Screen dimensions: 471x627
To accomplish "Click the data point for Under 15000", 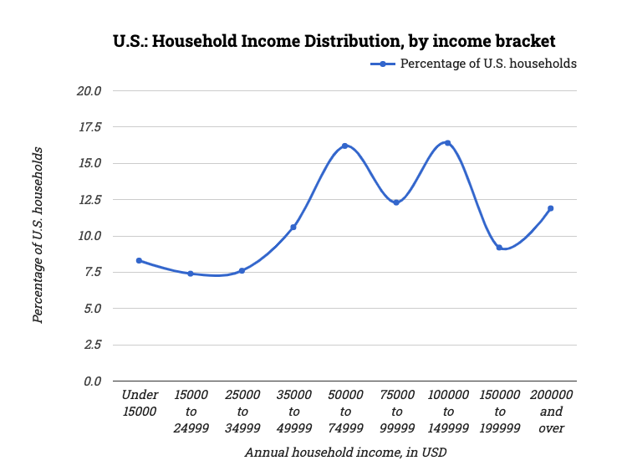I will click(139, 260).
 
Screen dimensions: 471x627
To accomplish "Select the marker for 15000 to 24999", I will click(191, 274).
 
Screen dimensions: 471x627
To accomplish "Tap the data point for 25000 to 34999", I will click(242, 270).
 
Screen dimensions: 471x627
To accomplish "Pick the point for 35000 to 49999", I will click(293, 227).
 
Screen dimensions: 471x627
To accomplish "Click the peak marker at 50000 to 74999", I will click(344, 146).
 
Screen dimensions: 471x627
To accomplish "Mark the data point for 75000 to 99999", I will click(396, 202).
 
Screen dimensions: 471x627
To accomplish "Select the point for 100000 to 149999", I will click(447, 143).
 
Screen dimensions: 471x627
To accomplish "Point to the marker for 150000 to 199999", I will click(499, 248).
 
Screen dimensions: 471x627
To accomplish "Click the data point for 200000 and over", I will click(551, 208).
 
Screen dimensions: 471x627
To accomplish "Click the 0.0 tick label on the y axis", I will click(90, 381).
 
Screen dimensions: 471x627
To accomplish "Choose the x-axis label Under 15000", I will click(139, 403).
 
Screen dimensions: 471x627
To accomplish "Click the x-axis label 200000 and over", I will click(551, 412).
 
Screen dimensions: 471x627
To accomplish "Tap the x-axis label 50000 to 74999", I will click(344, 412).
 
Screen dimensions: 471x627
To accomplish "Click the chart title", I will click(334, 40).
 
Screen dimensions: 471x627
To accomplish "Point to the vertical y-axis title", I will click(38, 236).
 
